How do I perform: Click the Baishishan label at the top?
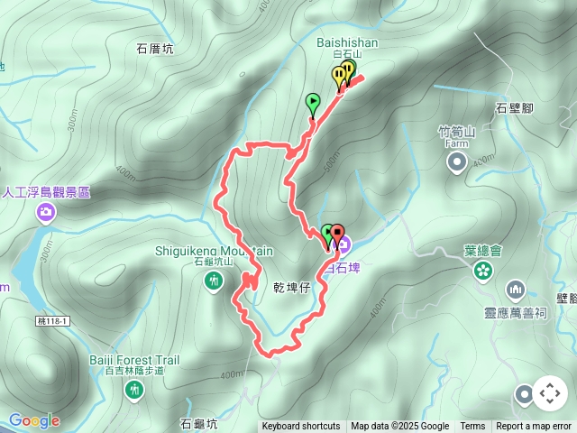[347, 42]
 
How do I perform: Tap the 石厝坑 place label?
[154, 49]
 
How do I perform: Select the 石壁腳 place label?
[514, 108]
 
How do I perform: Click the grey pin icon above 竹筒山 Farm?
[457, 162]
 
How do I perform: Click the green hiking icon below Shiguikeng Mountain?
[214, 282]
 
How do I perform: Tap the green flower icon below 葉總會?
[483, 271]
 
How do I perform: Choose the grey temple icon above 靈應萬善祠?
[516, 290]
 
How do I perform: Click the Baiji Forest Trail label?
[134, 360]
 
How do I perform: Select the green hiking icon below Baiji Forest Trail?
[134, 391]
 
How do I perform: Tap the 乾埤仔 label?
[291, 286]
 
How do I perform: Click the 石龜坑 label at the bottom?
[198, 423]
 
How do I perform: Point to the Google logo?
[34, 420]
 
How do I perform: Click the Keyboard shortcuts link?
[301, 427]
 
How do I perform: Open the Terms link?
[472, 427]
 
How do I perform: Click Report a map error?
[534, 427]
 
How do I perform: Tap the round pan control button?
[550, 393]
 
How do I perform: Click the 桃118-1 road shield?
[53, 296]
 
